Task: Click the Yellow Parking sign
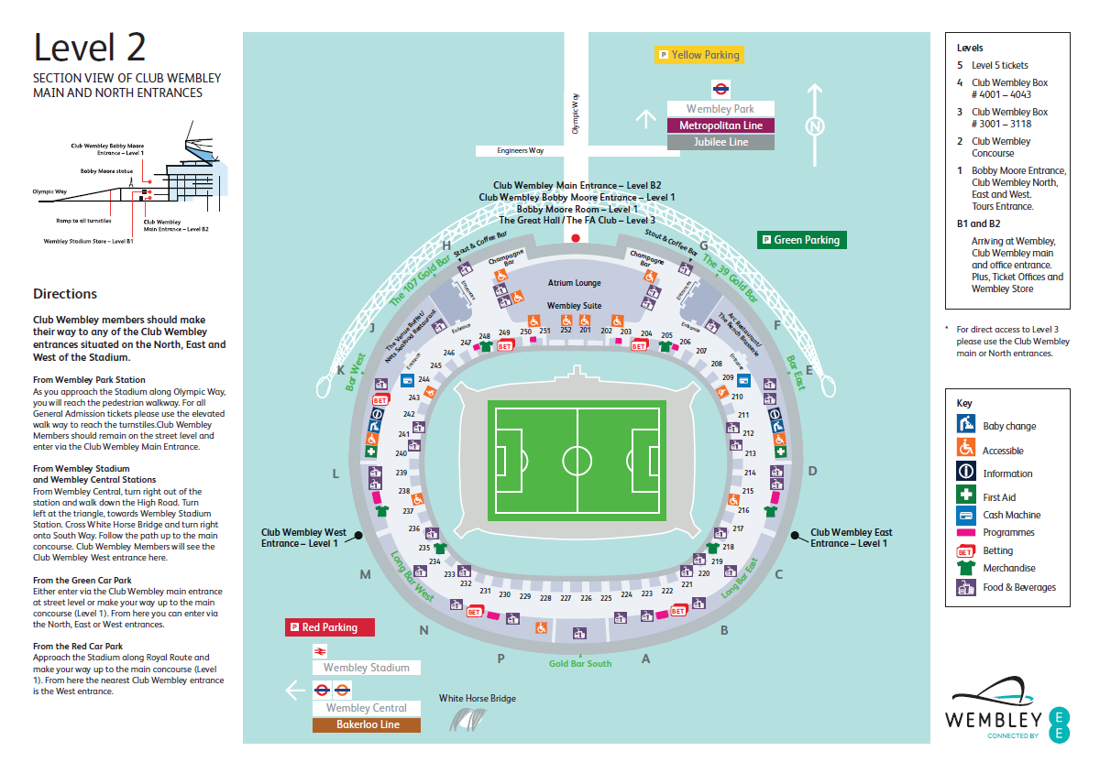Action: click(x=697, y=55)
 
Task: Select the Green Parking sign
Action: click(x=798, y=240)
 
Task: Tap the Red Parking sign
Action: click(x=330, y=627)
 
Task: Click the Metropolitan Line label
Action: click(x=720, y=125)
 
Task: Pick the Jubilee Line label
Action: click(x=720, y=142)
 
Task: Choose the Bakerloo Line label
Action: click(x=367, y=724)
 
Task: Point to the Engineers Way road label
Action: click(x=521, y=150)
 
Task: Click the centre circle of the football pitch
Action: click(x=577, y=459)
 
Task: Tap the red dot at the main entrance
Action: click(x=576, y=237)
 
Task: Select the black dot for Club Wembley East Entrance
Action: click(x=794, y=534)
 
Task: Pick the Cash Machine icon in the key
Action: click(x=965, y=515)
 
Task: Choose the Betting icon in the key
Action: click(x=965, y=551)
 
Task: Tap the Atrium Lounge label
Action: click(x=574, y=283)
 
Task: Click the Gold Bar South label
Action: click(x=580, y=663)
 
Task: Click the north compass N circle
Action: click(x=813, y=125)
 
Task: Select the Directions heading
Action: click(x=65, y=294)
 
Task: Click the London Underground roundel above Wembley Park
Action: click(x=720, y=89)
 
